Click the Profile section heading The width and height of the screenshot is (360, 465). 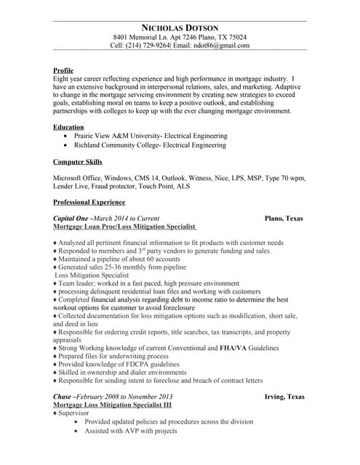pyautogui.click(x=63, y=70)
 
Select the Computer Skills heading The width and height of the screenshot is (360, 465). pyautogui.click(x=78, y=162)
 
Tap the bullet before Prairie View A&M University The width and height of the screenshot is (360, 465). pyautogui.click(x=67, y=136)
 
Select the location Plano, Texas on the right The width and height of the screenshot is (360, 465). pyautogui.click(x=284, y=219)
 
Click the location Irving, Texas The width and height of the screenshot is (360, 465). pyautogui.click(x=284, y=397)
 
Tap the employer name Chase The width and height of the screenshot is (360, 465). pyautogui.click(x=63, y=397)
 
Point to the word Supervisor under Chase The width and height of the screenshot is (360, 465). pyautogui.click(x=75, y=413)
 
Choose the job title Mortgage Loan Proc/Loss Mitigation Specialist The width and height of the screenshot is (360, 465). pyautogui.click(x=127, y=227)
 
